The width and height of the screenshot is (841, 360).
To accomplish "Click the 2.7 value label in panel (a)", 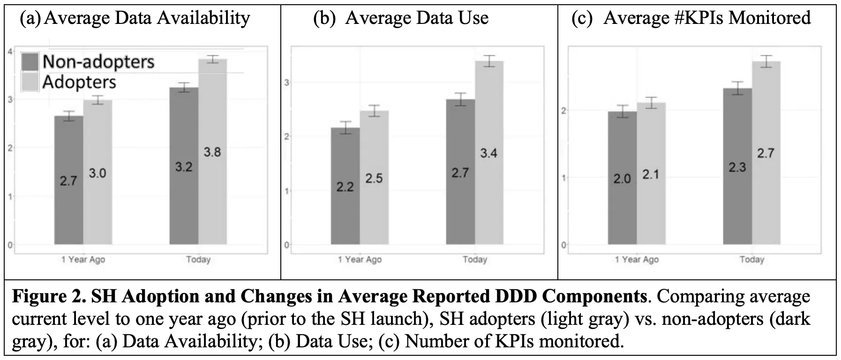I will tap(68, 180).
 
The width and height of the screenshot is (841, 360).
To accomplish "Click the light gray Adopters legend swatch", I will tap(30, 82).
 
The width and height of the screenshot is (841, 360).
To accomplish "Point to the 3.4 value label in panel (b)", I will tap(488, 153).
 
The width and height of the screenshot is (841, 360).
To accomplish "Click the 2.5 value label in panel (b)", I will tap(374, 179).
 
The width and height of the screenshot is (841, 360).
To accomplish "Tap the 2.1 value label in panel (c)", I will tap(651, 175).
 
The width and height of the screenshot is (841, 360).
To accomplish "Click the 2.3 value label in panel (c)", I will tap(737, 167).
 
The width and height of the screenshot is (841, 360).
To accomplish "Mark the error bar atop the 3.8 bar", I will tap(212, 59).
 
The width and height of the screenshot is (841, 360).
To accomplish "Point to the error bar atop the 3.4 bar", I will tap(489, 61).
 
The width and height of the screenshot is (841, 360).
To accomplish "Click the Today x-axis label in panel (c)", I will tap(751, 259).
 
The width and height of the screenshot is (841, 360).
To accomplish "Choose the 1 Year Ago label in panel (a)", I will tap(83, 259).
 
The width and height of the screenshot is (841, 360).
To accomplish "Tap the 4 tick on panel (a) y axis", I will tap(10, 51).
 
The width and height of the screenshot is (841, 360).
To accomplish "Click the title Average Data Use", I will tap(416, 18).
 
